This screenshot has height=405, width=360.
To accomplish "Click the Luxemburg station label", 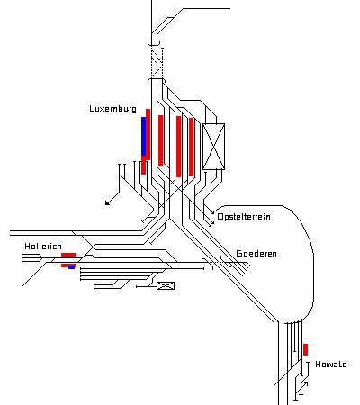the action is click(112, 109).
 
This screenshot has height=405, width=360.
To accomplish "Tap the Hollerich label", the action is click(43, 247).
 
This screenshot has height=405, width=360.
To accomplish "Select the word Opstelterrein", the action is click(244, 217).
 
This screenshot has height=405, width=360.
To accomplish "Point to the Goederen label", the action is click(256, 254).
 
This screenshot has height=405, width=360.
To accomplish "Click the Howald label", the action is click(331, 364).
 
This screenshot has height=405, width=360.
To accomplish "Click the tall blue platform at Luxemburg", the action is click(144, 137).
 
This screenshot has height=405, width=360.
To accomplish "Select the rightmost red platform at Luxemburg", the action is click(191, 147).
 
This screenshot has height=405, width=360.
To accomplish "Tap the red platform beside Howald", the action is click(305, 349).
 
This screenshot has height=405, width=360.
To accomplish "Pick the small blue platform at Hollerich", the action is click(71, 267).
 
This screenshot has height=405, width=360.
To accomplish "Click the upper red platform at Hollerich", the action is click(68, 255).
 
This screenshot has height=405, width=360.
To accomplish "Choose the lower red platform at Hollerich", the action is click(68, 265).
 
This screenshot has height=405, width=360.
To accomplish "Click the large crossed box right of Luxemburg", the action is click(213, 147).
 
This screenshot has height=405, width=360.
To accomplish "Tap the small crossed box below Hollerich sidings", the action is click(166, 285).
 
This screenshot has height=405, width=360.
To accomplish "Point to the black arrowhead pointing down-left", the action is click(107, 202).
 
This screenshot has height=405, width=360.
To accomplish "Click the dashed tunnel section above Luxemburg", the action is click(157, 62).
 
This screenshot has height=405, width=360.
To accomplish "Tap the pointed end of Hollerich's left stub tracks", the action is click(42, 257).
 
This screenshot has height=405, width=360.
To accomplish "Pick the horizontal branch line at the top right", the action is click(206, 9).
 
